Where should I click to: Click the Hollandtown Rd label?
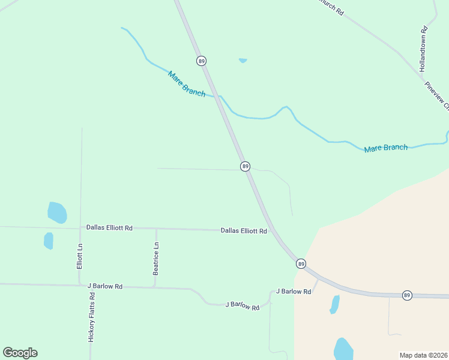(423, 49)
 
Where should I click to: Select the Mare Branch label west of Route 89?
(187, 84)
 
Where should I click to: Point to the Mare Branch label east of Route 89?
(386, 148)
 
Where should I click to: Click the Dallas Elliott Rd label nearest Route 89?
(244, 230)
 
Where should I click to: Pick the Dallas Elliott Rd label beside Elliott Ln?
(109, 227)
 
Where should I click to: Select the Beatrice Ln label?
(156, 259)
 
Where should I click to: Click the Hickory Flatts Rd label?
(92, 317)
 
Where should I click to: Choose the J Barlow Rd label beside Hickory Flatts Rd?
(105, 286)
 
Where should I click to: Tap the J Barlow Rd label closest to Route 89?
(294, 292)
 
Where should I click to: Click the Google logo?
(20, 353)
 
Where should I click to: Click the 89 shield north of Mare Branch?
(201, 61)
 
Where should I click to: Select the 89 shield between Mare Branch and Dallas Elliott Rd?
(245, 166)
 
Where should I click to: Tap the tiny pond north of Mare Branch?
(243, 60)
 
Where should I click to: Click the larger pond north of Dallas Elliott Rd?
(56, 212)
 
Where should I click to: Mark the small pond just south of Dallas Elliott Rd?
(49, 241)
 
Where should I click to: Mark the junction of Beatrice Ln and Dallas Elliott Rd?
(156, 229)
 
